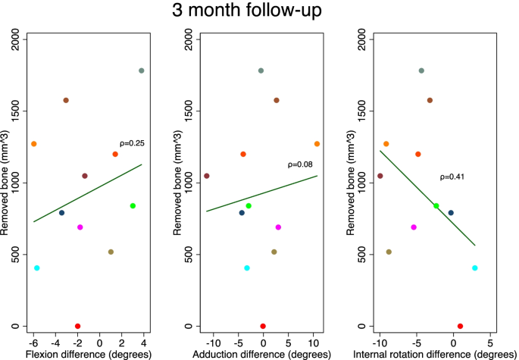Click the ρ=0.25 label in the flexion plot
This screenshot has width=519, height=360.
(132, 143)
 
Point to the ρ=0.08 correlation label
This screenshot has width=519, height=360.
(300, 164)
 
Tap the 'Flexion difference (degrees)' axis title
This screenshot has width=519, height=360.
(87, 354)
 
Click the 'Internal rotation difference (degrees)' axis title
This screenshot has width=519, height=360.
(435, 354)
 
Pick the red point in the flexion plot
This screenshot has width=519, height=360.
(78, 326)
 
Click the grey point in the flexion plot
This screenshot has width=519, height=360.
(142, 70)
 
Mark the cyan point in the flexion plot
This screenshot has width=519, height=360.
(37, 268)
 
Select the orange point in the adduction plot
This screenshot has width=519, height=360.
(317, 144)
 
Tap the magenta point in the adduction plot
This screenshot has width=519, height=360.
(278, 227)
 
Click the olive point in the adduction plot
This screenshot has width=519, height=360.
(274, 252)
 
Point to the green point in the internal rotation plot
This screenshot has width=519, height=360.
(436, 206)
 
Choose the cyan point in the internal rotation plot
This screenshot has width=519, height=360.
(475, 268)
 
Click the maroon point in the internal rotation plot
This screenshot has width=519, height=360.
(380, 176)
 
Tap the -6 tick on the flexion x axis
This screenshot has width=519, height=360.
(33, 340)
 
